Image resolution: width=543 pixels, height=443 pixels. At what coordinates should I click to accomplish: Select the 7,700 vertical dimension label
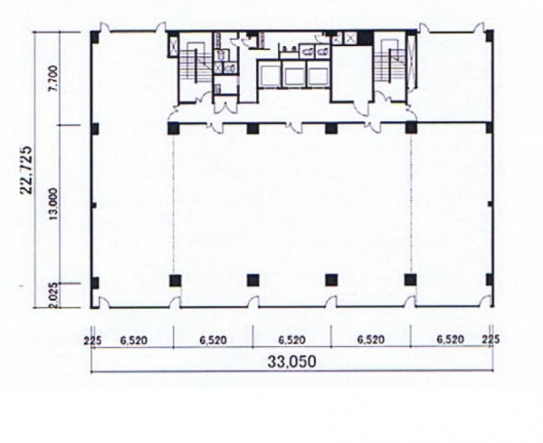tap(53, 82)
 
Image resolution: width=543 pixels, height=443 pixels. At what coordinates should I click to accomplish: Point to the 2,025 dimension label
tap(53, 295)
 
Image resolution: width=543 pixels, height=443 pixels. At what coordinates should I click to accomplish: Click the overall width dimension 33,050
tap(291, 361)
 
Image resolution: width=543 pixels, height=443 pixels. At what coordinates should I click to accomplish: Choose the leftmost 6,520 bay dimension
tap(134, 341)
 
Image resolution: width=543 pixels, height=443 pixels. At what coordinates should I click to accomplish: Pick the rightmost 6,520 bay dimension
tap(450, 340)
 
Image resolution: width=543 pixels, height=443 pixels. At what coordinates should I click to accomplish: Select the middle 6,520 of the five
tap(292, 340)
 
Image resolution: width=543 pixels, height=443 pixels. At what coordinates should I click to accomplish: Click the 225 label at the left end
tap(93, 342)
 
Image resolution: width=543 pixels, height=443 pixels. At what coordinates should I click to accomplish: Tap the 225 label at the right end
tap(491, 340)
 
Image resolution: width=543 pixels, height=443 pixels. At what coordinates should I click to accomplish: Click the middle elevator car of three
tap(293, 74)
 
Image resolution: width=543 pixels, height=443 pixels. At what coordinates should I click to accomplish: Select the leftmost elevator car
tap(270, 74)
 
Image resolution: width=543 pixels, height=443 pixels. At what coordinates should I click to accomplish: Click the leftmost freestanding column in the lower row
tap(176, 280)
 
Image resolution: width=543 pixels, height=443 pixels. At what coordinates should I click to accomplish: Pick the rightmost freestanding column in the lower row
tap(410, 280)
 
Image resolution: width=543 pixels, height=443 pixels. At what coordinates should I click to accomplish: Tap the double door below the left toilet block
tap(225, 106)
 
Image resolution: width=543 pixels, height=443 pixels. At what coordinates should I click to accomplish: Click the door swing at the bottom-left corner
tap(104, 303)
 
